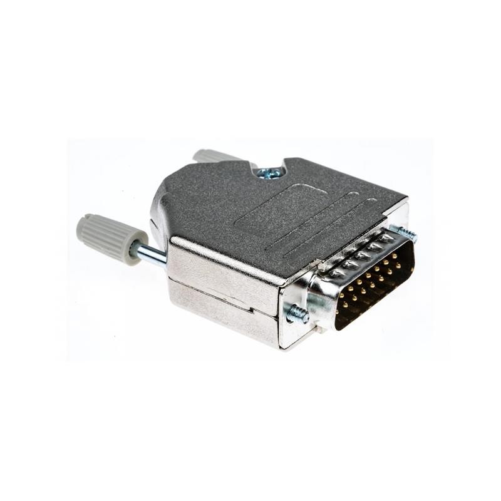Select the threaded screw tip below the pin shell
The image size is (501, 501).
297,313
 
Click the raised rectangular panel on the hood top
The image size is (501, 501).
279,210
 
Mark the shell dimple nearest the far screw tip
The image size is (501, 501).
387,238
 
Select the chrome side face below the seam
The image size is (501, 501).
219,316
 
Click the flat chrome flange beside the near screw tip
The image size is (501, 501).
294,332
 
